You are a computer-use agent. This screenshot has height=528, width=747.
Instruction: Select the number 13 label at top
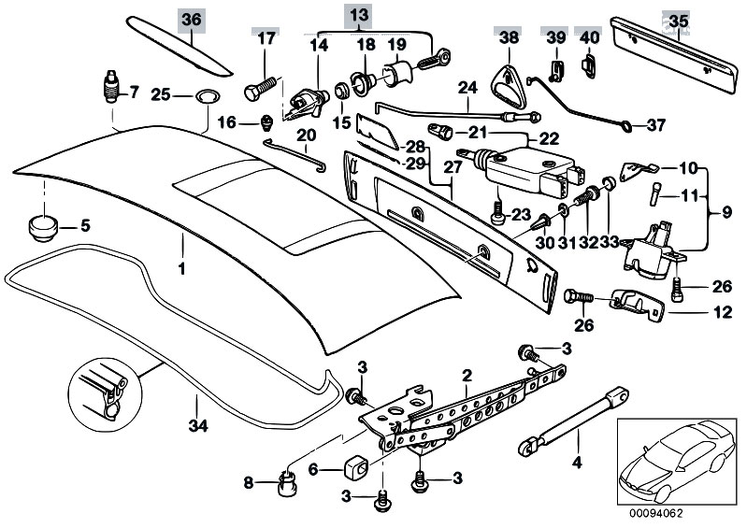[359, 15]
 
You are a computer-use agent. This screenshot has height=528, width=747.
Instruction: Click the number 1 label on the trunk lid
[183, 268]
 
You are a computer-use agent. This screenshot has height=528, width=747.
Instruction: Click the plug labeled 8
[285, 485]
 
